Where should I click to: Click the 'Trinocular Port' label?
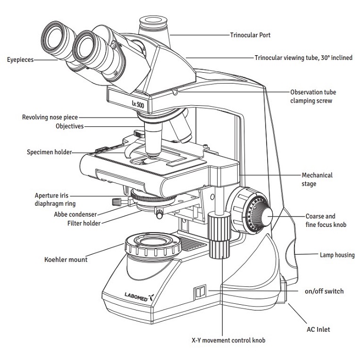(x=250, y=36)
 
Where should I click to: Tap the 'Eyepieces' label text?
(x=21, y=60)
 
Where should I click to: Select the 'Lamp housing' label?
(x=337, y=255)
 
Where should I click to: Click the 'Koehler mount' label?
(x=66, y=259)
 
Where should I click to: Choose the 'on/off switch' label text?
(x=324, y=291)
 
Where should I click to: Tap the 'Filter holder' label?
(x=84, y=223)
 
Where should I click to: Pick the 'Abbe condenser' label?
(x=75, y=214)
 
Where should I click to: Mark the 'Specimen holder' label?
(x=50, y=152)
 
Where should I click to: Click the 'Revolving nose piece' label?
(x=50, y=117)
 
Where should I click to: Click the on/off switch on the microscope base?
(x=199, y=292)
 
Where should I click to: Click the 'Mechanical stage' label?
(x=317, y=179)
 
